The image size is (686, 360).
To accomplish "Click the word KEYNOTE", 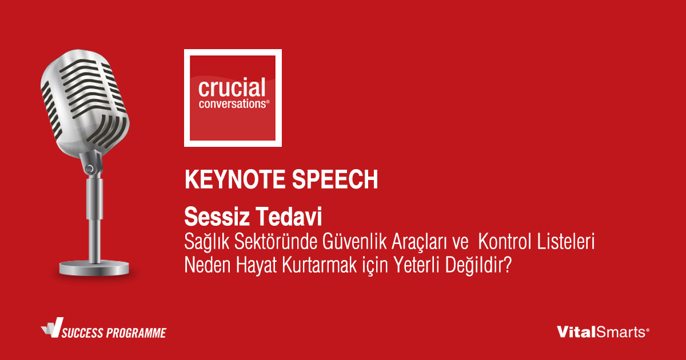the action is [x=235, y=179].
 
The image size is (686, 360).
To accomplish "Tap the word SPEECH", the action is [x=335, y=179].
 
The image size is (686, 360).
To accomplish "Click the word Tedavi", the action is [x=288, y=217].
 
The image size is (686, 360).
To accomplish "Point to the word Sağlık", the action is [x=207, y=242].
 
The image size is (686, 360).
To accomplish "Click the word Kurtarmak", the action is [x=319, y=265].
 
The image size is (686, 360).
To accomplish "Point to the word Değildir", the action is [x=475, y=266].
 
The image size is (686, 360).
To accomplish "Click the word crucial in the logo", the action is [x=232, y=87].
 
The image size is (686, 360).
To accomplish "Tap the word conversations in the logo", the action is [x=233, y=104].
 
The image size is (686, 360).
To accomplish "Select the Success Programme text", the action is [x=114, y=333].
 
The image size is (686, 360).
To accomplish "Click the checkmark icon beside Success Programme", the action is [x=53, y=327].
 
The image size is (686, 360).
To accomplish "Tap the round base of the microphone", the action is [x=94, y=269].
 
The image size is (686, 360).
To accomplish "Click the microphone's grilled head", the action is [x=85, y=103].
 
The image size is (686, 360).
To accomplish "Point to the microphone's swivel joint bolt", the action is [x=89, y=169].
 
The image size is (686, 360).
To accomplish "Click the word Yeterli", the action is [x=416, y=265].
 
